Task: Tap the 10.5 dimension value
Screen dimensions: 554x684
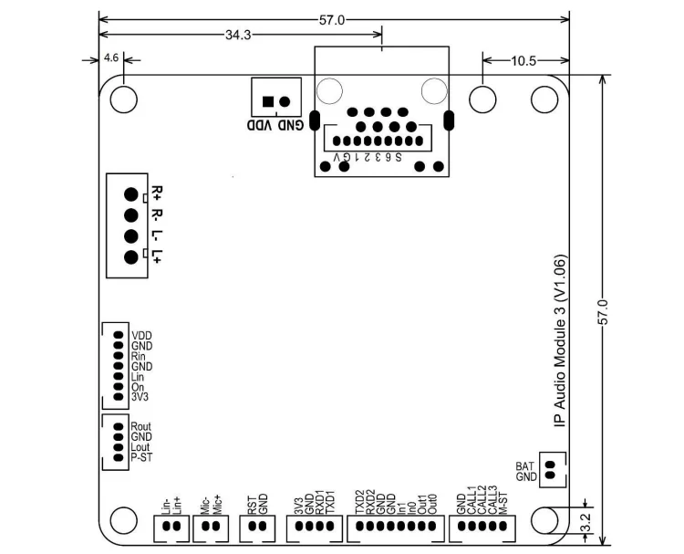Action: click(x=523, y=61)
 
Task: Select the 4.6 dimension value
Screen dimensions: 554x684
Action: click(x=111, y=57)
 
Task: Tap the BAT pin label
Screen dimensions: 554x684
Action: click(x=524, y=465)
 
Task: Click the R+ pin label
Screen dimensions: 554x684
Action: click(x=157, y=193)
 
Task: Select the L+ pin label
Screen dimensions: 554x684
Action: click(x=157, y=257)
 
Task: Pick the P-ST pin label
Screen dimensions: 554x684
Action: click(x=141, y=458)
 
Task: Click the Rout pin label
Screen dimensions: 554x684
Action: click(x=141, y=426)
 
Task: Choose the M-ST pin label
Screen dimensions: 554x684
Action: click(x=503, y=501)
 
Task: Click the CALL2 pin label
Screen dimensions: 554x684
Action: click(x=482, y=499)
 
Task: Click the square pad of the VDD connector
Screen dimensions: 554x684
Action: click(x=267, y=101)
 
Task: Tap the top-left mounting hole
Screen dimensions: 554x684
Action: click(x=122, y=99)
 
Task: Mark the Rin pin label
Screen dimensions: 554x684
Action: click(x=139, y=356)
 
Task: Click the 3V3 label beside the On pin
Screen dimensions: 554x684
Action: click(x=140, y=397)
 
